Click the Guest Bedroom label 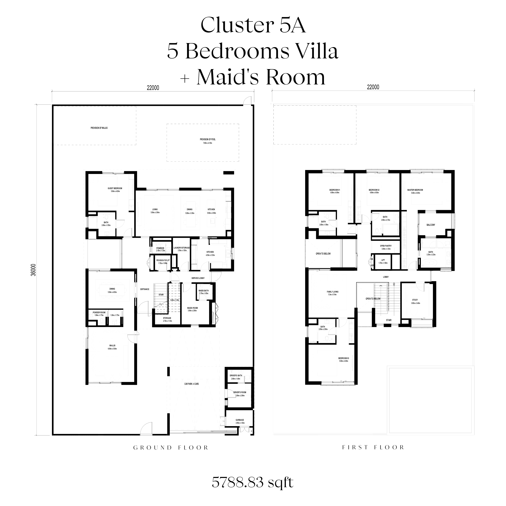click(115, 188)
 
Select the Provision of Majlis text click(99, 128)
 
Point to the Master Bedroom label click(415, 190)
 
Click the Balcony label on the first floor click(431, 225)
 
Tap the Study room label click(415, 300)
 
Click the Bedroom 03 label click(344, 358)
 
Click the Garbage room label click(240, 420)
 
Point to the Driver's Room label click(240, 392)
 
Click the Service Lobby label click(198, 278)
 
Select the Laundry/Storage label click(181, 248)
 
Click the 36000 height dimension click(38, 270)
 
